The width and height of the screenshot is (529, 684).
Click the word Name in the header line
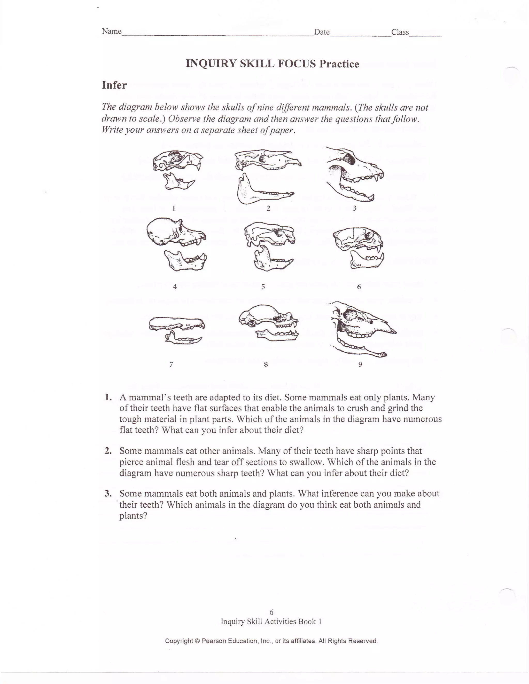pyautogui.click(x=112, y=31)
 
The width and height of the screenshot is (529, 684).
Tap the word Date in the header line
pyautogui.click(x=322, y=32)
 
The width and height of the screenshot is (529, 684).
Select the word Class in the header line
pyautogui.click(x=400, y=32)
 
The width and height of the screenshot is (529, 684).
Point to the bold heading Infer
pyautogui.click(x=114, y=85)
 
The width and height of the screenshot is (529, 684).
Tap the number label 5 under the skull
pyautogui.click(x=263, y=286)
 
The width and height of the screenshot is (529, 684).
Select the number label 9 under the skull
pyautogui.click(x=360, y=364)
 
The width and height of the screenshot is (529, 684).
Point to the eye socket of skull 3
pyautogui.click(x=348, y=159)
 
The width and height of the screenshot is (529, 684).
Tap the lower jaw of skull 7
pyautogui.click(x=183, y=339)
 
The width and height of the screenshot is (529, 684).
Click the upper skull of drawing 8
pyautogui.click(x=266, y=316)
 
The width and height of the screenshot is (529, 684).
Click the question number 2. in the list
pyautogui.click(x=108, y=451)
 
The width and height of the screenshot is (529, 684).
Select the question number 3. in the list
pyautogui.click(x=108, y=494)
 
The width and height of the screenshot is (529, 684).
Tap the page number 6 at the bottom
pyautogui.click(x=271, y=612)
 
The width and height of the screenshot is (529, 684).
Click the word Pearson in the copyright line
pyautogui.click(x=214, y=641)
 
